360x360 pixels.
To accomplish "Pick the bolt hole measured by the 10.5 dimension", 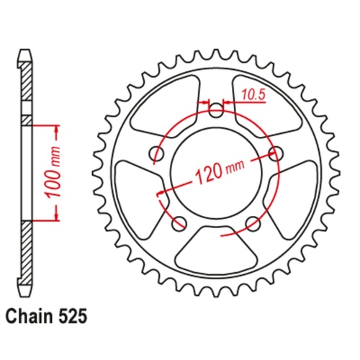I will point(216,110).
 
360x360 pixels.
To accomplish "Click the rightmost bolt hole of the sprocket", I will point(274,153).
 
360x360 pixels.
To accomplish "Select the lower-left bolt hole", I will point(179,222).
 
